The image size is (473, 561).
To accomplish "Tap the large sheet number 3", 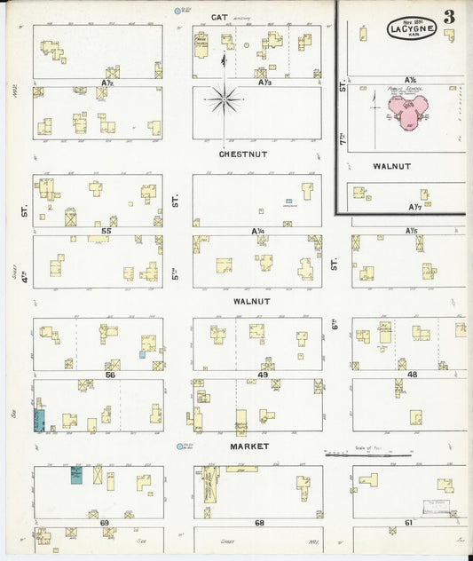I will (451, 17).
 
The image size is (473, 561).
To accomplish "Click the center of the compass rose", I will (225, 99).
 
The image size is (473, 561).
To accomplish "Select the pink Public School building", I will (406, 114).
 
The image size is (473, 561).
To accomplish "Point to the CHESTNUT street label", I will (242, 154).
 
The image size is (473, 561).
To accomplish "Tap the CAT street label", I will (221, 17).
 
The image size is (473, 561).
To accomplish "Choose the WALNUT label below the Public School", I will (391, 166).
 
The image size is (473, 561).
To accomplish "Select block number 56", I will (110, 375).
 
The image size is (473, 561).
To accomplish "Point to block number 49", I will (263, 375).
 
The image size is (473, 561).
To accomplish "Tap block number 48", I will (412, 375).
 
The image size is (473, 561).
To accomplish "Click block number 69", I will (104, 523).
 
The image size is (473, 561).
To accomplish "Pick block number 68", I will (259, 523).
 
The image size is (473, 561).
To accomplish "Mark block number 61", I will (409, 523).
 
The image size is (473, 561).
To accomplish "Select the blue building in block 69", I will (76, 474).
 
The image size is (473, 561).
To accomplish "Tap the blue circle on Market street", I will (180, 447).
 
